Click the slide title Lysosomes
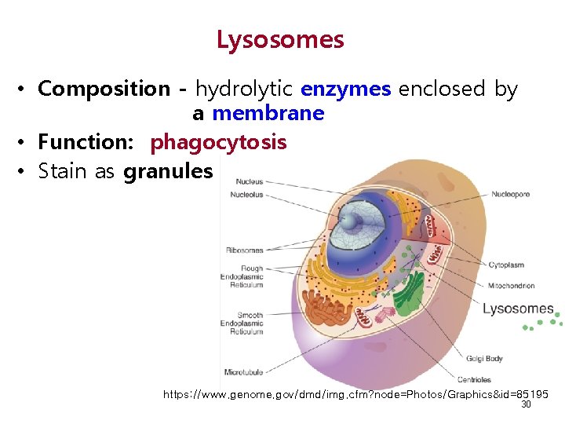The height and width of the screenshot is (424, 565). (x=280, y=39)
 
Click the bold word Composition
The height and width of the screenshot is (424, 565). (x=104, y=90)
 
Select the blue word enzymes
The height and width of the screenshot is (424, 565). (x=345, y=90)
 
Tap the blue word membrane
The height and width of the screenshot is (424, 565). (x=268, y=114)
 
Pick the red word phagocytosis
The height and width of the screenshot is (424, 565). (x=218, y=142)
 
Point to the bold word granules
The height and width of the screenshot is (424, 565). (x=168, y=171)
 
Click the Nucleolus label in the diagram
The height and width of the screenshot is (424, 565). (x=246, y=195)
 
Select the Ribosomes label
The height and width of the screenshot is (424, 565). (x=245, y=250)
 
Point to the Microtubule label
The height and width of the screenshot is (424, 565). (x=244, y=372)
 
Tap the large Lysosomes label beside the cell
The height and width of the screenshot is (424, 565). (x=518, y=309)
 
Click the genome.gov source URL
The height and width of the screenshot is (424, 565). (x=355, y=394)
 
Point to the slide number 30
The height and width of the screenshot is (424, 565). (x=526, y=404)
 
